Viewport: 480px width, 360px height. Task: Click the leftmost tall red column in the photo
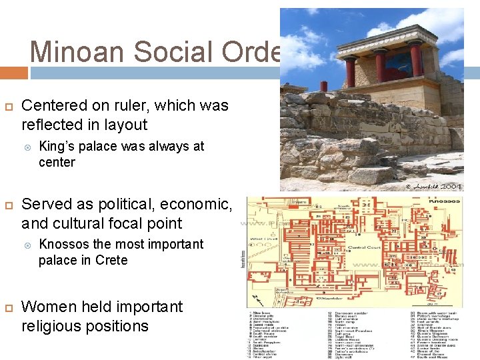coord(350,72)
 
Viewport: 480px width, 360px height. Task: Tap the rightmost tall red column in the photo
coord(416,59)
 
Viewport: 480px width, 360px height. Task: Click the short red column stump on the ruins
coord(324,86)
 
